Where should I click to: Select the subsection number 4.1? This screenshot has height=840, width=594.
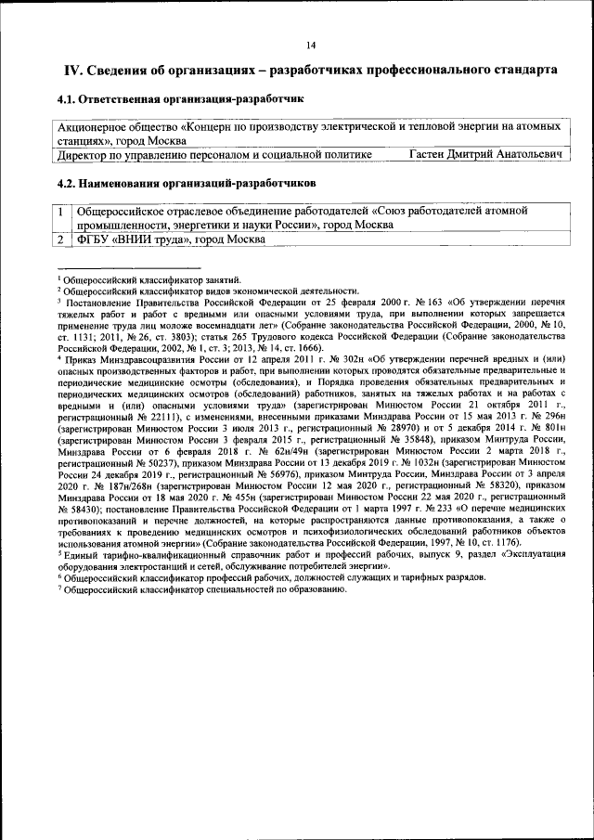(x=68, y=98)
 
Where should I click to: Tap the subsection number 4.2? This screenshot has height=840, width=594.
(x=68, y=183)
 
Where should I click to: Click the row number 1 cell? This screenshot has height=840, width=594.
(x=61, y=212)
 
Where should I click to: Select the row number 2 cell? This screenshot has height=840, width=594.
(x=61, y=239)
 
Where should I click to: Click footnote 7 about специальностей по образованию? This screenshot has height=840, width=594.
(x=186, y=588)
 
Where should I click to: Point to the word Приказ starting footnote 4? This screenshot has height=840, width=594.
(x=81, y=358)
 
